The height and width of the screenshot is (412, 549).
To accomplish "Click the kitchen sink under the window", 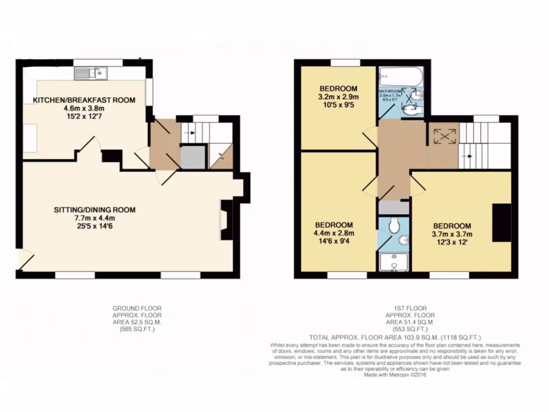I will point(91,72).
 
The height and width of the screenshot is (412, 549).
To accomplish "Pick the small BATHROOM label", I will point(391,92).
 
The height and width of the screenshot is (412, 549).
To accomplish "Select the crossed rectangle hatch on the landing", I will point(443,136).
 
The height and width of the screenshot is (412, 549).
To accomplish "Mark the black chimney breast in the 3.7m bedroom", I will point(501,223).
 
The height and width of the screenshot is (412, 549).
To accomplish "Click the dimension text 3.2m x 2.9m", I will point(339,97).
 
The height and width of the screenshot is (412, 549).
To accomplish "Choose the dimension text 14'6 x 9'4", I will point(333,241).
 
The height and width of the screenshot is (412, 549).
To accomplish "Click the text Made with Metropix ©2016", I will point(399,375).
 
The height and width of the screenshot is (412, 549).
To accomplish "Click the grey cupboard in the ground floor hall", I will point(193,157).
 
